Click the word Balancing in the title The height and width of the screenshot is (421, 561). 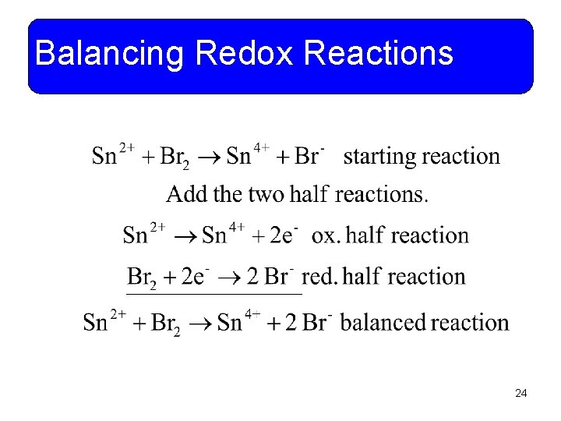(x=109, y=55)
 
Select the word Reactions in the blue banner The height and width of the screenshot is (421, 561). (x=379, y=54)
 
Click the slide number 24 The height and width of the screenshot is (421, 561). (x=521, y=394)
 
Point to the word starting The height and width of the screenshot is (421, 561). (x=380, y=157)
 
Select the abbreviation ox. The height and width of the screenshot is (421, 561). (x=325, y=235)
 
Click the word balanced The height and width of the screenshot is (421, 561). (x=383, y=322)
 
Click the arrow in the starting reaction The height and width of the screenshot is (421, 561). (x=208, y=157)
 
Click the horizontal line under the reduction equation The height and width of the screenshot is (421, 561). (x=214, y=295)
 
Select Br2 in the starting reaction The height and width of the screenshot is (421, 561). (x=174, y=157)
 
